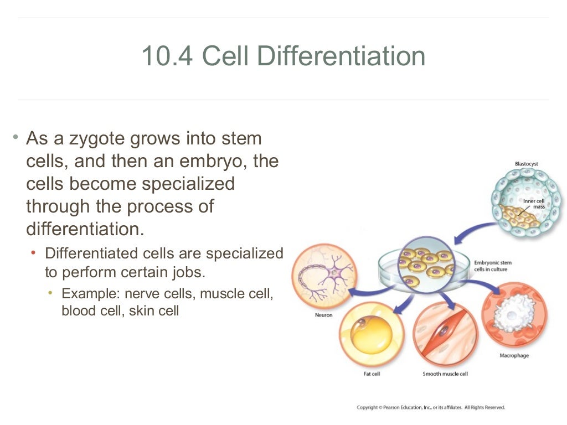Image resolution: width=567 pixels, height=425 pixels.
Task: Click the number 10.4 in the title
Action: pyautogui.click(x=166, y=56)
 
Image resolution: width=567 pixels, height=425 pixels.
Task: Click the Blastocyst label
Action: pyautogui.click(x=526, y=164)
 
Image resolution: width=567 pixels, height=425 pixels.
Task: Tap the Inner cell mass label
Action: pyautogui.click(x=535, y=203)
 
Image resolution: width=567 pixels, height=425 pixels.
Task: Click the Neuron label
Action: pyautogui.click(x=324, y=315)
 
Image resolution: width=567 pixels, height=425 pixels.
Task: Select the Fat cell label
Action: pyautogui.click(x=371, y=374)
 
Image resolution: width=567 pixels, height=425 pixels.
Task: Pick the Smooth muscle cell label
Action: pyautogui.click(x=445, y=374)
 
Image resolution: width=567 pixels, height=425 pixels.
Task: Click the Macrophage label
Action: pyautogui.click(x=514, y=355)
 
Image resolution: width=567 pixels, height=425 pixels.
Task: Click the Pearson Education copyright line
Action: pyautogui.click(x=431, y=407)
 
